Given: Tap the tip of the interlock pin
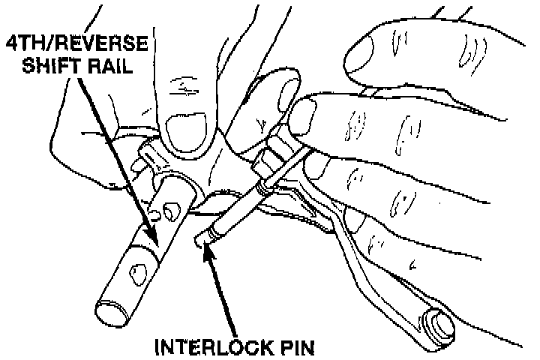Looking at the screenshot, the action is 199,239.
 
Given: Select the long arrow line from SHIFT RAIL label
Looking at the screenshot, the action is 120,150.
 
